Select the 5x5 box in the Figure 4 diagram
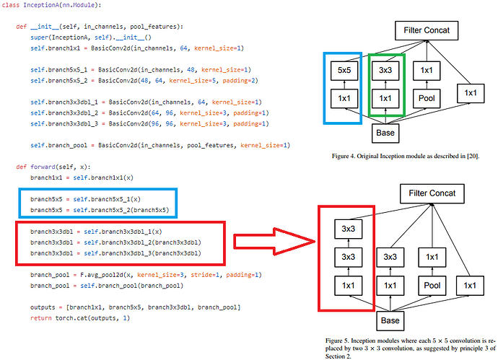click(341, 71)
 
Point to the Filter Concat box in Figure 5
click(432, 193)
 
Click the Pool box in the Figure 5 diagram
click(432, 286)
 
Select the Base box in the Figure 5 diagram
click(391, 320)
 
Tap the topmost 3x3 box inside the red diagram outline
click(347, 228)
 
